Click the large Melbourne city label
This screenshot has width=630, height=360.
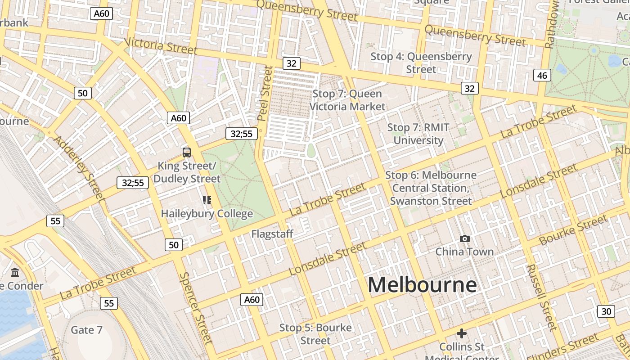coord(422,285)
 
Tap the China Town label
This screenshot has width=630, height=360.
coord(464,252)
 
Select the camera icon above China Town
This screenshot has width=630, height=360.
coord(465,238)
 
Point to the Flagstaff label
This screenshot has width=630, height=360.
coord(272,234)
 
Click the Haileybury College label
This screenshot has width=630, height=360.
coord(207,213)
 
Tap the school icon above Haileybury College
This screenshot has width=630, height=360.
coord(207,200)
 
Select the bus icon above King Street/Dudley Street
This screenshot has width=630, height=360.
coord(187,152)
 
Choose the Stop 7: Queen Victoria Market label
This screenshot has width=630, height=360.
coord(347,100)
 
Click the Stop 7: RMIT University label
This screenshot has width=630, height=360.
coord(418,134)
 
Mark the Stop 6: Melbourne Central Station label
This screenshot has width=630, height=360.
coord(431,188)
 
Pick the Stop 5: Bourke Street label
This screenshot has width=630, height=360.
coord(315,334)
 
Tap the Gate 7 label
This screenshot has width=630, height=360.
coord(87,330)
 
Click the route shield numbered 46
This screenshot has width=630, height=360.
coord(542,75)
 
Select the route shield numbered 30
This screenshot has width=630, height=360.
coord(606,311)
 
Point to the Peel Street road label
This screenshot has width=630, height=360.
coord(265,94)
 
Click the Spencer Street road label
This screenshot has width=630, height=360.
coord(196,308)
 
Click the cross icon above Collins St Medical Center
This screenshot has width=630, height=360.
coord(461,333)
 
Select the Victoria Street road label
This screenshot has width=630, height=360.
coord(161,45)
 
